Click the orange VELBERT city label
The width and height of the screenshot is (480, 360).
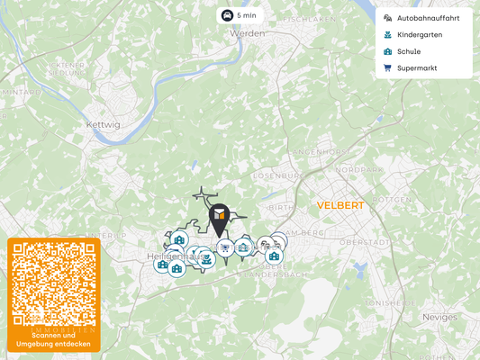pos(340,205)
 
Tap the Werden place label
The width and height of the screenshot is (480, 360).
pos(248,33)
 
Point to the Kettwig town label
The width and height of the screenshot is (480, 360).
pos(102,124)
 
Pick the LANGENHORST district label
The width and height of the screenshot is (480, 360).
pos(320,152)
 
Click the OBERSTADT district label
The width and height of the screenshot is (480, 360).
pos(364,242)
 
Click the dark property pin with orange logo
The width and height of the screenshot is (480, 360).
pos(219,216)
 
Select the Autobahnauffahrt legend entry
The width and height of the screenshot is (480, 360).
pos(428,18)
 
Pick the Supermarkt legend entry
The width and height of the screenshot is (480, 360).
pos(416,67)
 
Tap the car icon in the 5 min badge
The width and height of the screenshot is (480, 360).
pos(227,15)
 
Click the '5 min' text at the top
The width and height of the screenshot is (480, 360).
pos(247,15)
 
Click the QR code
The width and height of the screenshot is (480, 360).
pos(53,283)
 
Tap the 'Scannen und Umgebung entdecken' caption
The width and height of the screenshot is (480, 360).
pos(53,339)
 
